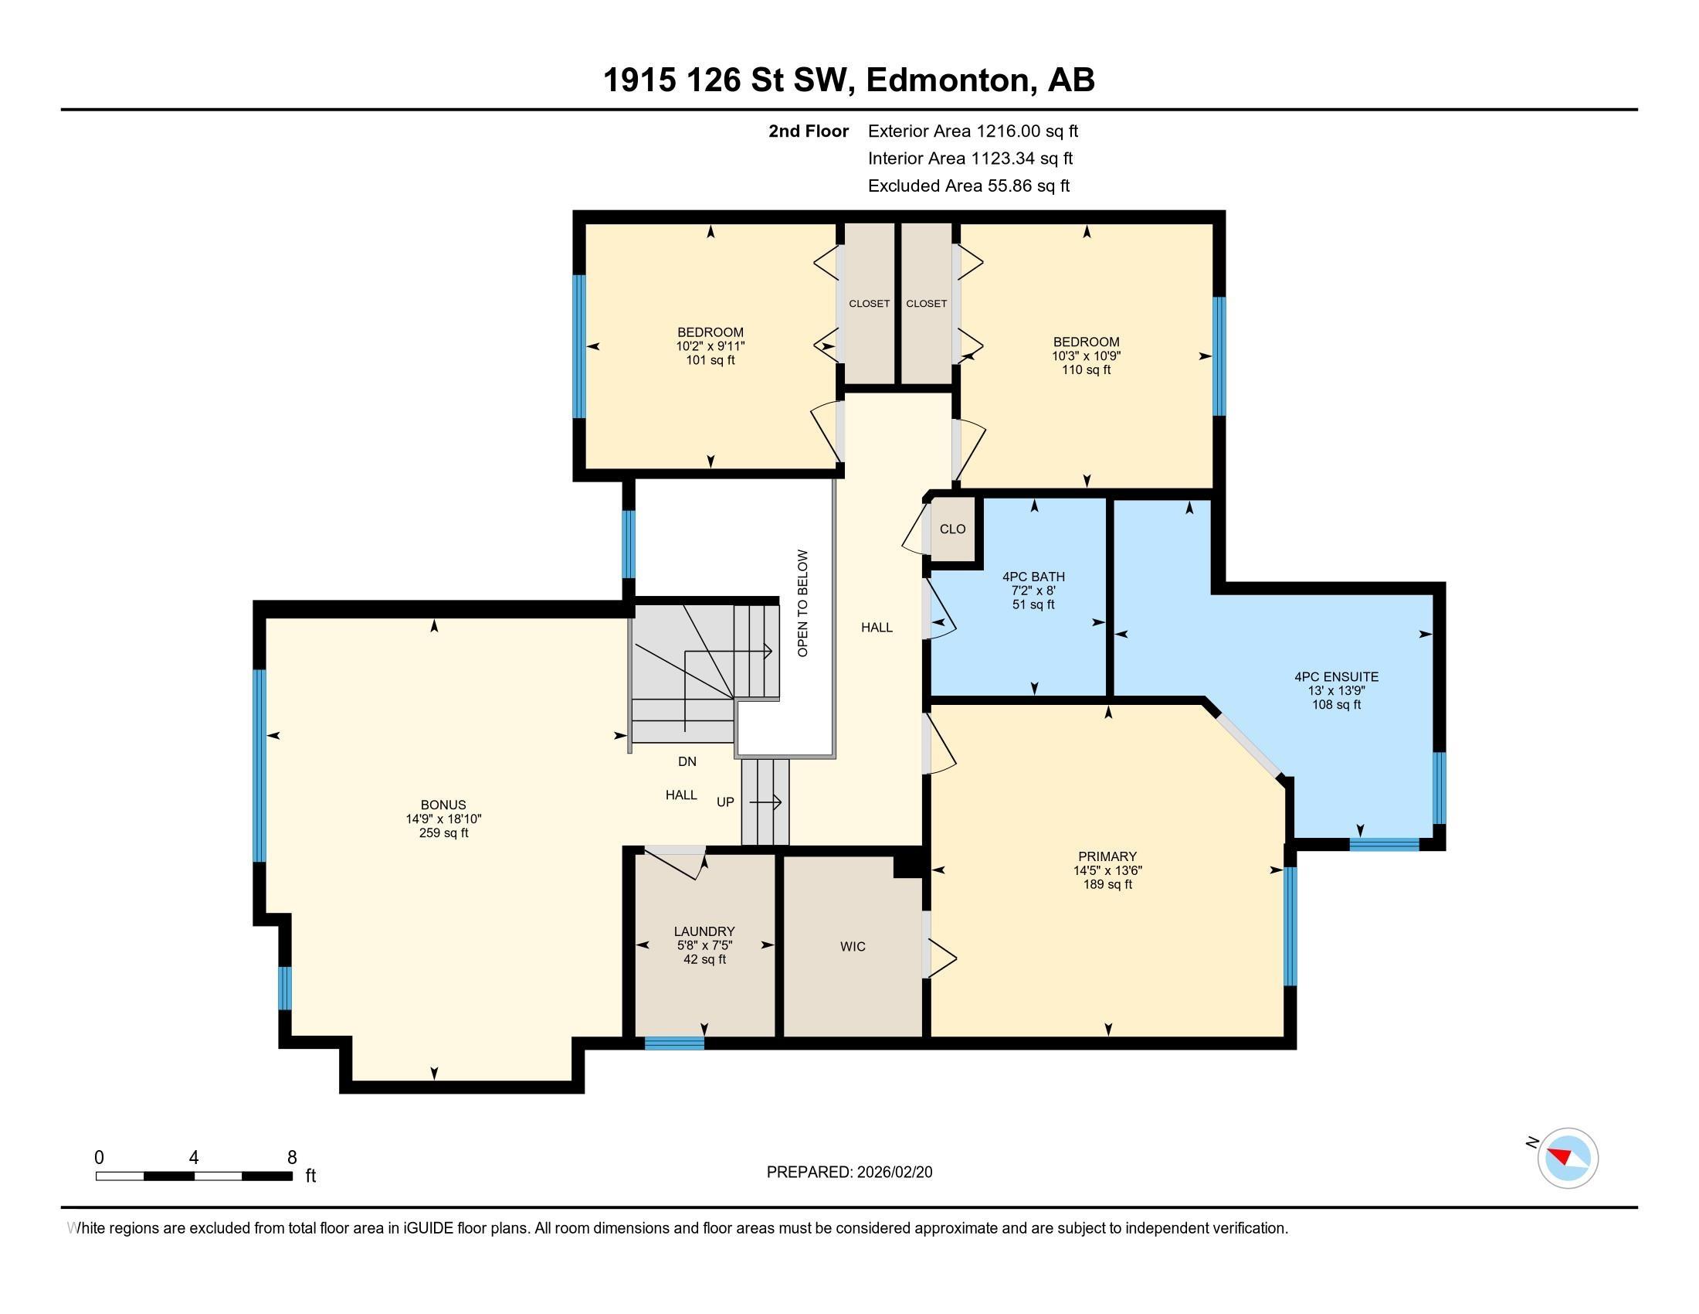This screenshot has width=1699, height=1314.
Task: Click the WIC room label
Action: tap(853, 947)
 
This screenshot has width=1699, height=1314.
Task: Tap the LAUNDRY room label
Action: tap(704, 931)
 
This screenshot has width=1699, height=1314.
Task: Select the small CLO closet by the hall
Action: tap(952, 529)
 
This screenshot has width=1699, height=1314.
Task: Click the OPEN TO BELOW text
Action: tap(803, 604)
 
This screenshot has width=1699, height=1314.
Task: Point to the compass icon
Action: tap(1568, 1158)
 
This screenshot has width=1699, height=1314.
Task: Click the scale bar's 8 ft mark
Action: tap(292, 1158)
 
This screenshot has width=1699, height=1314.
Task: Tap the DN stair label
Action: tap(687, 761)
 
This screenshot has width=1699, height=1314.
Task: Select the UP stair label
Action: tap(725, 802)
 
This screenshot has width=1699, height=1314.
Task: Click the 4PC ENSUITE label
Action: tap(1337, 677)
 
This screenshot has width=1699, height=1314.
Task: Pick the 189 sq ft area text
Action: tap(1107, 884)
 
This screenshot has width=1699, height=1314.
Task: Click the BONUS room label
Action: tap(443, 805)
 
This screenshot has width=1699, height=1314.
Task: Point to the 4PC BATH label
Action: tap(1033, 577)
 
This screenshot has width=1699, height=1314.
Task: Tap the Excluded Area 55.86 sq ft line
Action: tap(968, 186)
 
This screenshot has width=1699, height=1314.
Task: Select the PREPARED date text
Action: tap(849, 1173)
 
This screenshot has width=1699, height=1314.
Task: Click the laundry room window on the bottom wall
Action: tap(674, 1044)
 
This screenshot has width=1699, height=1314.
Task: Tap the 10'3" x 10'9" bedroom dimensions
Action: tap(1086, 356)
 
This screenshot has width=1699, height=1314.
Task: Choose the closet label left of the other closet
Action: tap(869, 304)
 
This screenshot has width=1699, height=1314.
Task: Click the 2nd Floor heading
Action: tap(809, 131)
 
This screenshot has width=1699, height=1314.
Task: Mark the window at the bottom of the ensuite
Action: tap(1384, 845)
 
